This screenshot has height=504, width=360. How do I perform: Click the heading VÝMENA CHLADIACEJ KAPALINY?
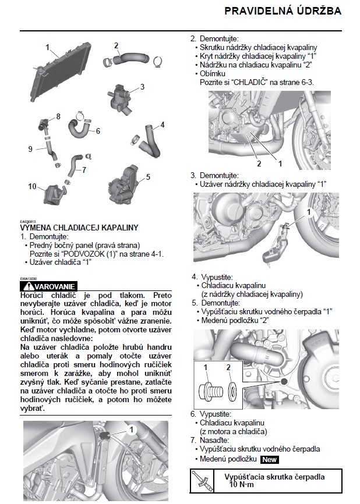point(79,228)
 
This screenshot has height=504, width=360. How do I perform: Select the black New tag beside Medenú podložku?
point(270,459)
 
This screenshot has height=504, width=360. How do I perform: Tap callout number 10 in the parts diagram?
point(31,187)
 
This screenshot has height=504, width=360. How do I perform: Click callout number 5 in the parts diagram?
point(148,175)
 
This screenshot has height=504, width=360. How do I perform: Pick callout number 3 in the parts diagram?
point(142,87)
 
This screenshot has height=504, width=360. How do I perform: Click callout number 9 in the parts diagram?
point(30,149)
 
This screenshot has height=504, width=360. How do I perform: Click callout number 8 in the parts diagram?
point(58,117)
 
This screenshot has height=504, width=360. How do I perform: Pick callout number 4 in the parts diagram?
point(162,124)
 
